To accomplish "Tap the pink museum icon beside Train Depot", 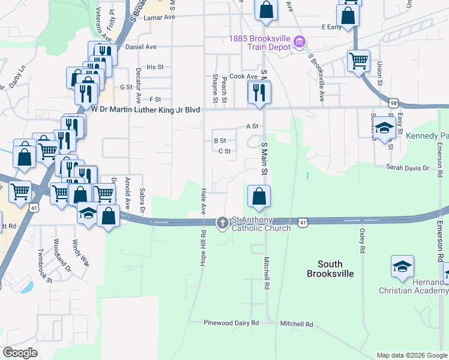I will point(299,42).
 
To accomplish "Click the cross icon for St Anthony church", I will point(222,223).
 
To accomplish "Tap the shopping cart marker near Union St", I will point(358,60).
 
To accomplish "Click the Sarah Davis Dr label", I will point(408,167).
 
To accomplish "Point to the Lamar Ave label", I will point(159,17).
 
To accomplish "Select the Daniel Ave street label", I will point(140,46).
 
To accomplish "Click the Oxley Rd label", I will point(363,240).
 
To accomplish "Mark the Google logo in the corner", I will point(20,353).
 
